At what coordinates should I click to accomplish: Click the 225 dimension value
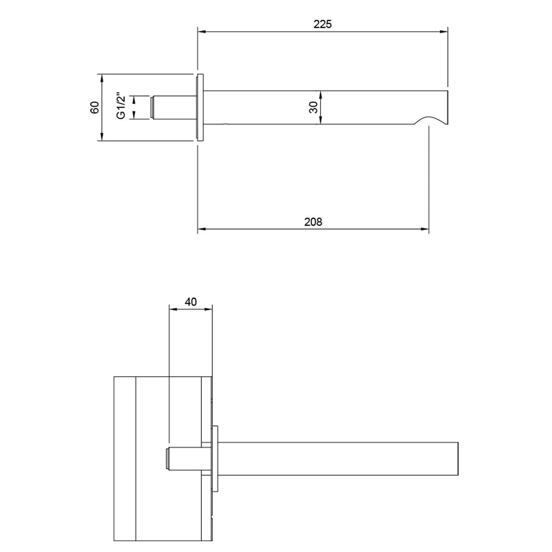tap(322, 24)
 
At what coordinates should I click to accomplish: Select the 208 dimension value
tap(313, 222)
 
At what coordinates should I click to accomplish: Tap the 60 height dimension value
tap(95, 107)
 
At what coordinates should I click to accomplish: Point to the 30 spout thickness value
tap(313, 107)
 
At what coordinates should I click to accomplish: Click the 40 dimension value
tap(191, 302)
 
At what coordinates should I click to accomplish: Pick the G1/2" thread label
tap(121, 107)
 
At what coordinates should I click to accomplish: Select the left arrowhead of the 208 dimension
tap(201, 229)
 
